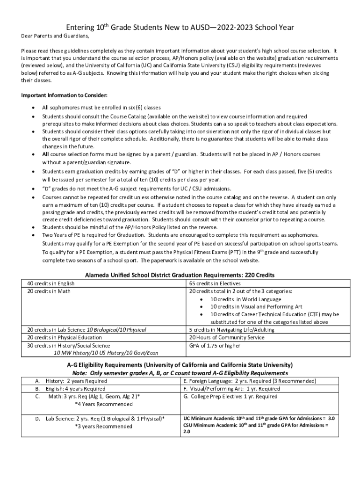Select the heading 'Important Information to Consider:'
[65, 95]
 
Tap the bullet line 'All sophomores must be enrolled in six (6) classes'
[101, 108]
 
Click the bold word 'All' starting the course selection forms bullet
[45, 154]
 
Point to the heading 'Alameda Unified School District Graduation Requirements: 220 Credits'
[180, 275]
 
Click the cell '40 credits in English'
[50, 283]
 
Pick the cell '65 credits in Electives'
[215, 283]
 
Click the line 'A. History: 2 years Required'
[71, 381]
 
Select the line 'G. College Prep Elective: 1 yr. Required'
[230, 397]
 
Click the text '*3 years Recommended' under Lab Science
[103, 426]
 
